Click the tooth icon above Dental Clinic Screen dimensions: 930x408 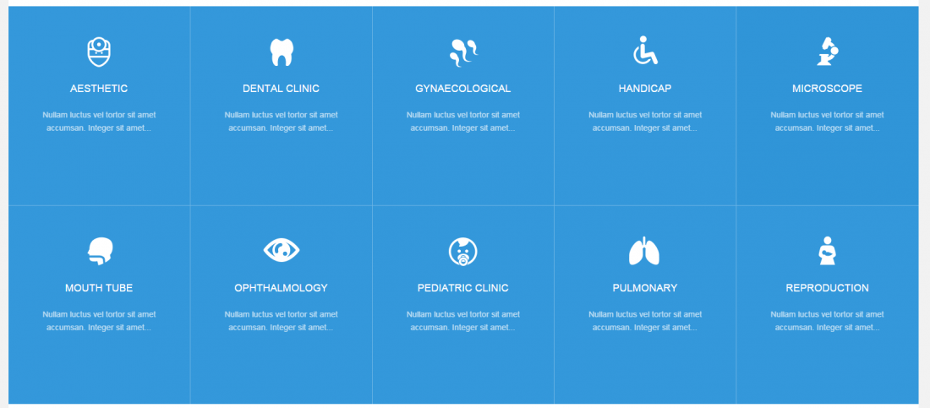click(x=282, y=52)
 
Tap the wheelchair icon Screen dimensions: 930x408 click(x=645, y=51)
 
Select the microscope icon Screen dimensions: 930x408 click(x=828, y=51)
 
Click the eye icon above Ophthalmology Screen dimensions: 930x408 click(x=282, y=250)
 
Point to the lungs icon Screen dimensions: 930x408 click(x=644, y=251)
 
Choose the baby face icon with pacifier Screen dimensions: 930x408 click(x=463, y=251)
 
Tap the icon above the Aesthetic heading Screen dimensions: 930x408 click(x=99, y=52)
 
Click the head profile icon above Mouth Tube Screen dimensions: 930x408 click(x=101, y=251)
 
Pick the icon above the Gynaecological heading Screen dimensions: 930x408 click(x=463, y=52)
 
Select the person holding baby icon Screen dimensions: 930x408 click(x=828, y=251)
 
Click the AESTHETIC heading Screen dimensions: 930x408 click(x=99, y=89)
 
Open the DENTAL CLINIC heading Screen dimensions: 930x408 click(x=282, y=89)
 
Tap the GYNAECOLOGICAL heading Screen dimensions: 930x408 click(x=463, y=89)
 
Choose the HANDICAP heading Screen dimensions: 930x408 click(x=645, y=89)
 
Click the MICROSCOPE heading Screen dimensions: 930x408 click(x=828, y=89)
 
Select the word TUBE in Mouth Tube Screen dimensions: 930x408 click(x=119, y=288)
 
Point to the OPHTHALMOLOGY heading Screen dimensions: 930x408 click(x=282, y=288)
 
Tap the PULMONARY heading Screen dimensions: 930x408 click(x=645, y=288)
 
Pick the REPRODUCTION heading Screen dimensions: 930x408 click(x=828, y=288)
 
